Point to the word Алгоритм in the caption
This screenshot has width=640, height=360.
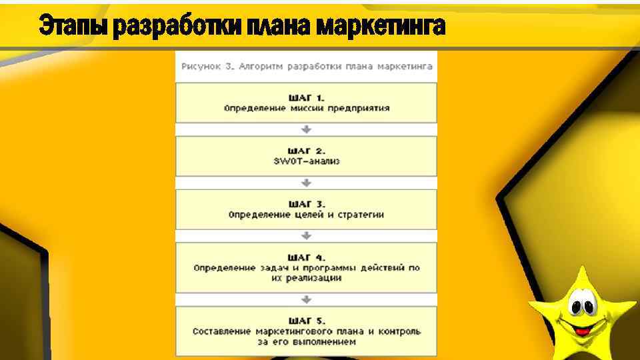click(x=257, y=67)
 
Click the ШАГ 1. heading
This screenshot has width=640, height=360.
click(x=306, y=98)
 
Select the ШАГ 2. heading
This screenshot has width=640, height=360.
click(x=306, y=151)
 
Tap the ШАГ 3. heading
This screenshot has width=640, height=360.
click(x=306, y=204)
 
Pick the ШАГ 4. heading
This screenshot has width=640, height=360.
click(x=306, y=257)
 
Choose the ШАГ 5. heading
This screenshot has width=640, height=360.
click(x=306, y=321)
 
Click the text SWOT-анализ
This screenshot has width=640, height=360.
click(x=306, y=161)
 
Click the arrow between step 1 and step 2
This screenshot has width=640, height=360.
click(x=306, y=129)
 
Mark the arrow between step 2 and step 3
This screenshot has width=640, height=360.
click(x=306, y=183)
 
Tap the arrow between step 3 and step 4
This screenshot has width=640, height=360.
click(x=306, y=235)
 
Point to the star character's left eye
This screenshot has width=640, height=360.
click(x=575, y=307)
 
